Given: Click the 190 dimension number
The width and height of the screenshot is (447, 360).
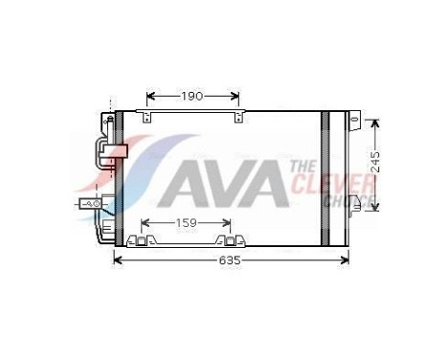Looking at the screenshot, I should click(x=193, y=96).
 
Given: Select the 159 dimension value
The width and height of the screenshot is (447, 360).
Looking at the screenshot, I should click(x=188, y=223).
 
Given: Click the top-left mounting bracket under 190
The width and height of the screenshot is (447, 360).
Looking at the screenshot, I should click(x=146, y=117).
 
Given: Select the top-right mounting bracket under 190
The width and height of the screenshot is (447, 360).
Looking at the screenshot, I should click(x=237, y=117).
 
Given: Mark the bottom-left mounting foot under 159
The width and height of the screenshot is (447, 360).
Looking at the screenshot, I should click(x=146, y=239).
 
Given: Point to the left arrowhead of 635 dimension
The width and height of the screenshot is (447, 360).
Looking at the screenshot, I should click(x=120, y=260).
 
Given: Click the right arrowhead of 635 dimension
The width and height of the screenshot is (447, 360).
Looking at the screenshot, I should click(x=347, y=260).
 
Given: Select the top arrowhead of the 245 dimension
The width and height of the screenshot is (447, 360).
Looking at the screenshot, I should click(x=375, y=124).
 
